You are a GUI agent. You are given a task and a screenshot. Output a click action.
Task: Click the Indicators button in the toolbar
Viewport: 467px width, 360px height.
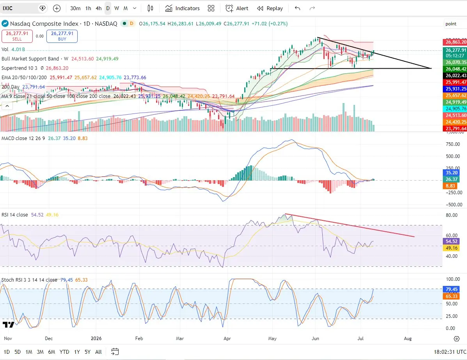tap(182, 8)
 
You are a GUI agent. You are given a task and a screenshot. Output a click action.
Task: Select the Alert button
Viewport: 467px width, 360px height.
tap(237, 8)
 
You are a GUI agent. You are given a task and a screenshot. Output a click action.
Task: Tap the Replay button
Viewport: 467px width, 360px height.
tap(270, 8)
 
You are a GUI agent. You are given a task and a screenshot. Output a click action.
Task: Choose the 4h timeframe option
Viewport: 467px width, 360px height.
tap(99, 8)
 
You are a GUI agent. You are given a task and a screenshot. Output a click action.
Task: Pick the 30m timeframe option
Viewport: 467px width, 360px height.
tap(75, 8)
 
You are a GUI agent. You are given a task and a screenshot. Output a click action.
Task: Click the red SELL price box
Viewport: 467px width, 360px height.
tap(17, 36)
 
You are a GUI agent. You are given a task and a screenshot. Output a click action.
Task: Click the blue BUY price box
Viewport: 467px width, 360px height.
tap(62, 36)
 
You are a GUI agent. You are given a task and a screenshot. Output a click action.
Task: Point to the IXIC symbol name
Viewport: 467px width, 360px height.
tap(8, 8)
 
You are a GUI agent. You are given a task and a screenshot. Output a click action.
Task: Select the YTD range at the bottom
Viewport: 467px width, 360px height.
tap(64, 352)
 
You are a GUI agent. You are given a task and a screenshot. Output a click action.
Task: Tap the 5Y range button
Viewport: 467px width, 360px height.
tap(87, 352)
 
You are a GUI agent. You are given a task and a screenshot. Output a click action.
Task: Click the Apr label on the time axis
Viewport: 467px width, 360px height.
tap(227, 338)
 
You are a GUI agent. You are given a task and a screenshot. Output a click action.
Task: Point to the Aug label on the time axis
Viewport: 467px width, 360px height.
tap(408, 338)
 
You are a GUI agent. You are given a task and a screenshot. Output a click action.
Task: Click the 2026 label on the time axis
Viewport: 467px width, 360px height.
tap(96, 338)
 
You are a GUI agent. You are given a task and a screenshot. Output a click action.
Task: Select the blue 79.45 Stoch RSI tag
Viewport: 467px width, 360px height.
tap(451, 289)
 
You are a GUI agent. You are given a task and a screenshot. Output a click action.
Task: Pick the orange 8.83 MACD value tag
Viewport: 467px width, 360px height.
tap(450, 186)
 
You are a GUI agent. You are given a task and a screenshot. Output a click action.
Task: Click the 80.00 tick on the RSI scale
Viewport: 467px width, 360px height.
tap(452, 215)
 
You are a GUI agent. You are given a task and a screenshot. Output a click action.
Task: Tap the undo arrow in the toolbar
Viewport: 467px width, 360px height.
tap(297, 8)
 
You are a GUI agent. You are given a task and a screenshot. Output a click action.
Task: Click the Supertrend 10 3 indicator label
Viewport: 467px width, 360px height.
tap(20, 68)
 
